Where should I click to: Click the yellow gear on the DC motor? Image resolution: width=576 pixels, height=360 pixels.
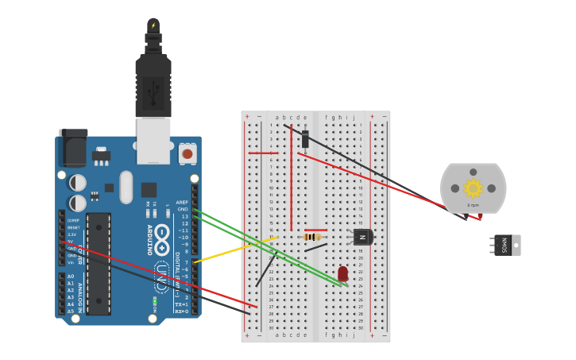(x=473, y=188)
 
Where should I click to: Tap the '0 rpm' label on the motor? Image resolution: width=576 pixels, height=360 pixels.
(x=473, y=205)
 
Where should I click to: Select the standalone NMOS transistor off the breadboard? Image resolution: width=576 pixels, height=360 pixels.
(x=506, y=245)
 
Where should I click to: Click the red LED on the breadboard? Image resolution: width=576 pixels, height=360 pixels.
(x=342, y=274)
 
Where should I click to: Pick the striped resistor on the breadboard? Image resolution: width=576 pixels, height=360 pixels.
(x=312, y=236)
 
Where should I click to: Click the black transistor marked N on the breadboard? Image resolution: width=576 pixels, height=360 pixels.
(x=362, y=237)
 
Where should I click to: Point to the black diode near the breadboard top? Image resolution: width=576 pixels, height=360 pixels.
(x=305, y=139)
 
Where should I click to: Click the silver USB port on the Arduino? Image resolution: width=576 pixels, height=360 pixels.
(x=153, y=140)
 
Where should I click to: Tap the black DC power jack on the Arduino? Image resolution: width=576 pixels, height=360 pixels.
(x=73, y=149)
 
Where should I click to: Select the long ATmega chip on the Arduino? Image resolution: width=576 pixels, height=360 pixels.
(x=99, y=262)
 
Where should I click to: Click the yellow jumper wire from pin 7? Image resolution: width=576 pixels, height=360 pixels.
(x=235, y=249)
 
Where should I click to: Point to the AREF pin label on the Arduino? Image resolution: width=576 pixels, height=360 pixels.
(x=182, y=202)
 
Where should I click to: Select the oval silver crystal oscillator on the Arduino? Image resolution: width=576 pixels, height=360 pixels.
(x=126, y=187)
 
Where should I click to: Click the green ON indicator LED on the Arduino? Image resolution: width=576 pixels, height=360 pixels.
(x=155, y=300)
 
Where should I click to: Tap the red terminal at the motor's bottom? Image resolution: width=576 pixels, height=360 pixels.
(x=480, y=216)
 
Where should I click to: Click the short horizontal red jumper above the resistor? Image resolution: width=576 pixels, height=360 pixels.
(x=315, y=230)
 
